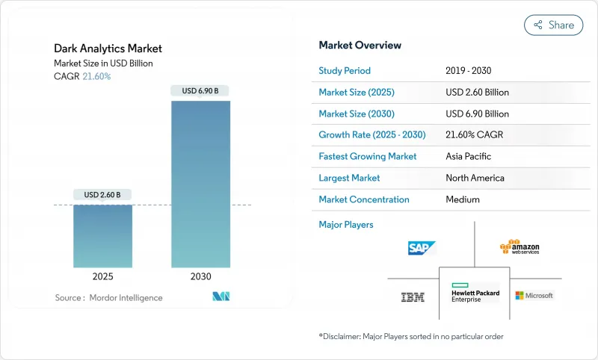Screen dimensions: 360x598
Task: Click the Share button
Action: pos(553,25)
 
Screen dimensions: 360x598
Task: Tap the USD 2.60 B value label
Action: pos(102,195)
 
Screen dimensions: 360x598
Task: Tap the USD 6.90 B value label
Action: pos(200,91)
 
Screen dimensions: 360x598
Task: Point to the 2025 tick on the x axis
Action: pos(102,276)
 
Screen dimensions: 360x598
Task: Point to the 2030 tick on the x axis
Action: pos(200,276)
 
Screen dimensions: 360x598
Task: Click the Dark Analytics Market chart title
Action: pos(108,49)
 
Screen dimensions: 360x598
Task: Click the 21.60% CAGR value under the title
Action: pos(96,76)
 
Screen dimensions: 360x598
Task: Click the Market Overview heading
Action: pos(360,46)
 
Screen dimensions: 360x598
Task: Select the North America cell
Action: pos(475,178)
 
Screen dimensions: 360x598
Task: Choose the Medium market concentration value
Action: pos(462,199)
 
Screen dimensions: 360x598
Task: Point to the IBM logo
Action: pos(413,297)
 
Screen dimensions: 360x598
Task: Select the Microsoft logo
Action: pos(534,296)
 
